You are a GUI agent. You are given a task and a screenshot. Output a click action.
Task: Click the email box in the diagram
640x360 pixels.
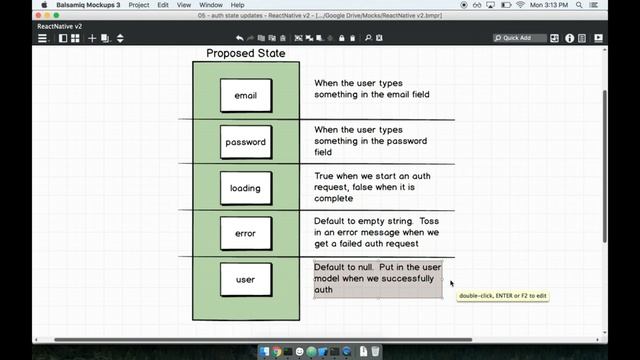pos(245,95)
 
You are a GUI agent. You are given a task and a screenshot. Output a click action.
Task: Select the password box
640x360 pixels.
pos(245,142)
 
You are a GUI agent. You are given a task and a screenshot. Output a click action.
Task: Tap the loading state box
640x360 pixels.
pos(245,188)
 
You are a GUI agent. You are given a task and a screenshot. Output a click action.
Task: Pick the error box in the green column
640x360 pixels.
pos(245,234)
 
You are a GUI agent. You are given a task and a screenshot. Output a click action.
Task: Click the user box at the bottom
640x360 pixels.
pos(245,280)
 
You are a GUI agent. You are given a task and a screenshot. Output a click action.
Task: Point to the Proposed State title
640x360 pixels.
pos(245,53)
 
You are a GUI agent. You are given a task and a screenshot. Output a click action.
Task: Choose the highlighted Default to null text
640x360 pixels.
pos(377,280)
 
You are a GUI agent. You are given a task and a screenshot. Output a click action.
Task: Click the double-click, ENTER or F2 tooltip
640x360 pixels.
pos(503,296)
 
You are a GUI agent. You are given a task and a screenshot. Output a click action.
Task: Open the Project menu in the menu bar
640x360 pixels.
pos(139,5)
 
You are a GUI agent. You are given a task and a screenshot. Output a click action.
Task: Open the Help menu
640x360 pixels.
pos(238,5)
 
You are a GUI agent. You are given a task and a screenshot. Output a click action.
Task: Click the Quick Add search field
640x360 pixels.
pos(523,38)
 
